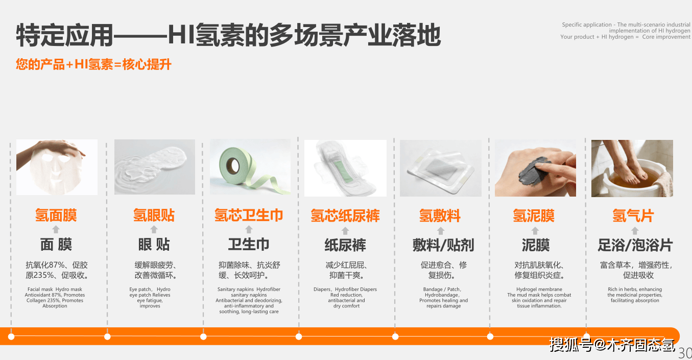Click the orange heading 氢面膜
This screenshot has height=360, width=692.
click(x=56, y=215)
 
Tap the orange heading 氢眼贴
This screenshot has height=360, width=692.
click(x=154, y=215)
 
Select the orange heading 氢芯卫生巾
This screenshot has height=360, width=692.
click(x=249, y=215)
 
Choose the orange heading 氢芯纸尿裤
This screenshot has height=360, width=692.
click(x=345, y=215)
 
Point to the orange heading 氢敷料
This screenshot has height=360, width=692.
click(x=440, y=215)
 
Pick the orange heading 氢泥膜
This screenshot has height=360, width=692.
click(x=534, y=215)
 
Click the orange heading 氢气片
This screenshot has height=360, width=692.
click(x=633, y=215)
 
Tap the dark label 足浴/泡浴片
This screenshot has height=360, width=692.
click(x=635, y=245)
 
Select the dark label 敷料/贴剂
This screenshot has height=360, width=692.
click(x=443, y=245)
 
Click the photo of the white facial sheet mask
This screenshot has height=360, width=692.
click(x=57, y=167)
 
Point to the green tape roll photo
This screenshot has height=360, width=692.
click(x=250, y=167)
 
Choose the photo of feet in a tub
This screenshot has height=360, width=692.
click(x=632, y=169)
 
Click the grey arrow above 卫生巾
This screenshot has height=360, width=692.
click(x=249, y=229)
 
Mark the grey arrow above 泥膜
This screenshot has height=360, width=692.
click(x=535, y=231)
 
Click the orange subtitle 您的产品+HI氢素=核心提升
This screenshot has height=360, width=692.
click(x=93, y=64)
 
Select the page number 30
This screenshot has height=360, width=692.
click(x=685, y=353)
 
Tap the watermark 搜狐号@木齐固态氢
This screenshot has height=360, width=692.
click(x=612, y=345)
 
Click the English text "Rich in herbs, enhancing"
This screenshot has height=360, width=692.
click(x=635, y=289)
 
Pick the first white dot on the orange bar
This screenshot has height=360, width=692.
click(x=11, y=337)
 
